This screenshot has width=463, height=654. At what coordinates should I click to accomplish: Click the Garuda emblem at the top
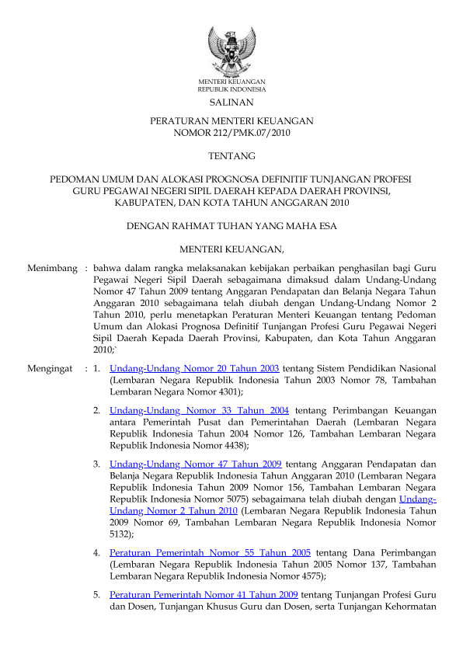point(231,50)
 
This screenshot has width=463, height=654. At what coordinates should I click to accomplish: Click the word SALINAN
point(231,103)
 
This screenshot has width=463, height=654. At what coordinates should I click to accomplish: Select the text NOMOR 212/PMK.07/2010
point(231,133)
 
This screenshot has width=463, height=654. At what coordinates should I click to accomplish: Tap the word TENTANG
point(231,156)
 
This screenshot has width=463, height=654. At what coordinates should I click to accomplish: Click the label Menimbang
point(51,268)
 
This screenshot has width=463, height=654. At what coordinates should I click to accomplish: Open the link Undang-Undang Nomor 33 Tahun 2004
point(200,409)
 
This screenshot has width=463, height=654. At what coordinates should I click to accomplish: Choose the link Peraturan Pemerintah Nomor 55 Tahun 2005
point(210,552)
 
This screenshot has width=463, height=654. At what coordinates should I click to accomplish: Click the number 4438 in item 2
point(231,447)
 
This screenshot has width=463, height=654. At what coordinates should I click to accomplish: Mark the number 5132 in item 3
point(121,534)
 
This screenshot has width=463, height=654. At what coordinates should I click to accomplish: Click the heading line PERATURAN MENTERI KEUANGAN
point(231,121)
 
